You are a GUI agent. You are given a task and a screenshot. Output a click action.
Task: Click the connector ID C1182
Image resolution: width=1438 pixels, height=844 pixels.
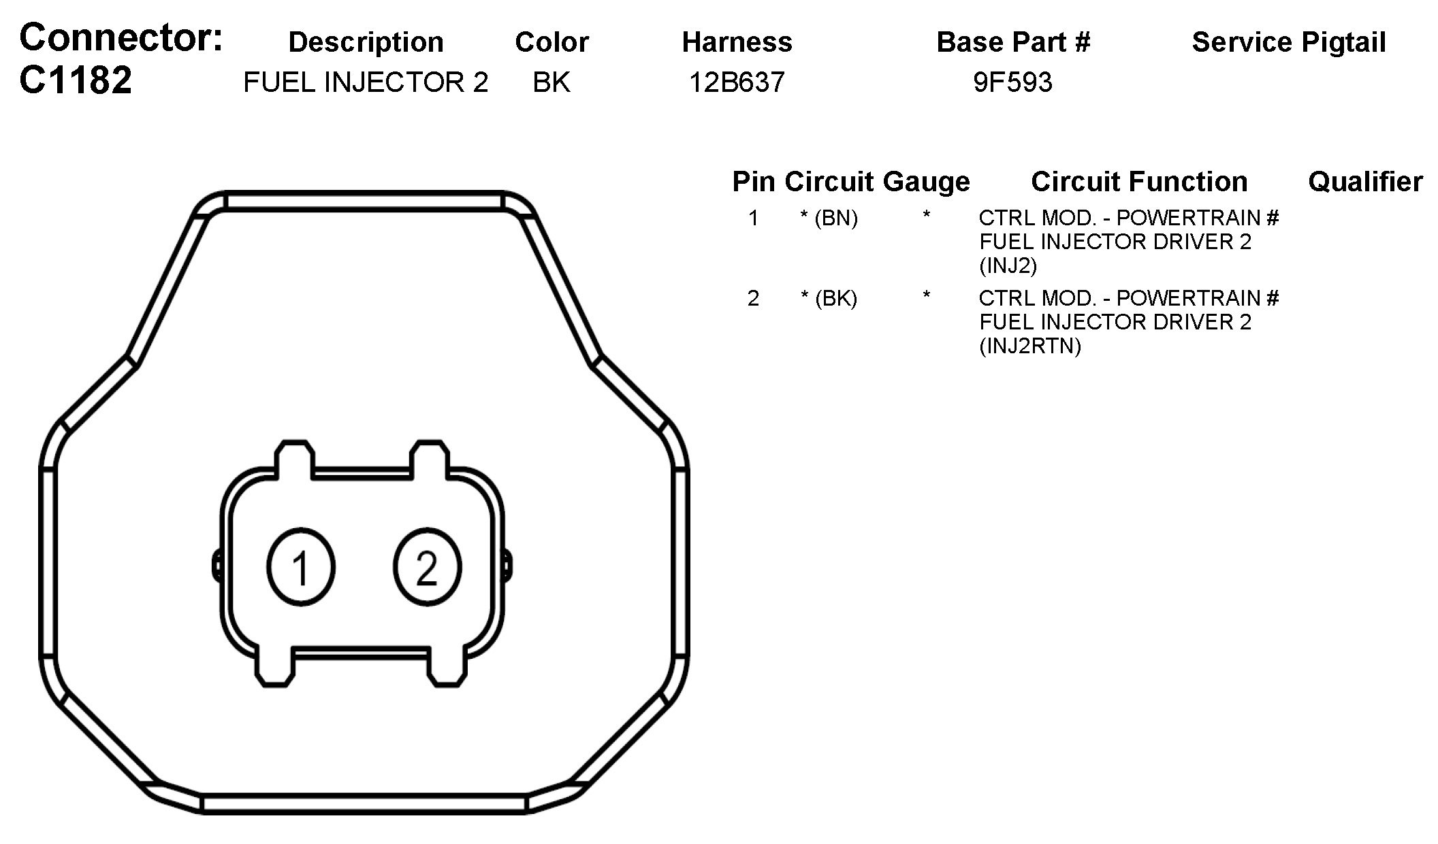pos(76,80)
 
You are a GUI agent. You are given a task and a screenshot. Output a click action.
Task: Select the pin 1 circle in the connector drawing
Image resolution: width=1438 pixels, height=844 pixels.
pos(301,566)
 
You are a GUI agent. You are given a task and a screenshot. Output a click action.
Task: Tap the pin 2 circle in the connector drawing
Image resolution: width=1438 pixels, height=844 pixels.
pos(428,566)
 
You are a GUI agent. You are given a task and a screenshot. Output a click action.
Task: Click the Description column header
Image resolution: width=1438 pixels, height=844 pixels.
pos(366,42)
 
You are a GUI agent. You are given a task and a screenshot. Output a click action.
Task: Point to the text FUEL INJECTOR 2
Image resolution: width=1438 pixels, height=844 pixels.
pos(366,82)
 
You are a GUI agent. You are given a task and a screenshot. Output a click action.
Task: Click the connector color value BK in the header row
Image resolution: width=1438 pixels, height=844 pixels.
pos(552,82)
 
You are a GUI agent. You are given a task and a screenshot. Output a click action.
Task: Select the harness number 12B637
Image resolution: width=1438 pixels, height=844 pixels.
pos(737,82)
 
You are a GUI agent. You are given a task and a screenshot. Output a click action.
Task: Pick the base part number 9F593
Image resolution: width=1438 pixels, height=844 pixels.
pos(1012,82)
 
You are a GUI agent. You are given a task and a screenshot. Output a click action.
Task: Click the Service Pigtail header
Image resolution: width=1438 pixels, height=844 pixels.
pos(1289,42)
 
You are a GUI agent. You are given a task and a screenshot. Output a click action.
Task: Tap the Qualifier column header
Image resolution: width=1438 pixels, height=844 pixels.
pos(1365,182)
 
